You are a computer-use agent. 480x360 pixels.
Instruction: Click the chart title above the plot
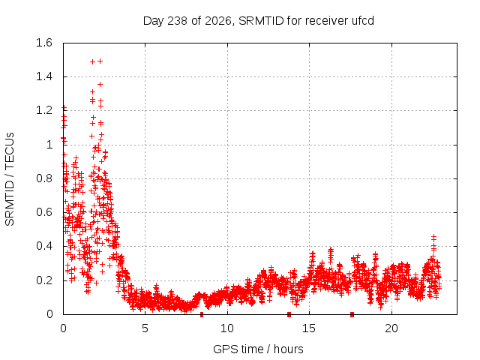coord(258,21)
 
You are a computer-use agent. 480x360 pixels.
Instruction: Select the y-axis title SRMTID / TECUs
coord(10,179)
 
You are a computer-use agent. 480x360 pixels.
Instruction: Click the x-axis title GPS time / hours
coord(258,349)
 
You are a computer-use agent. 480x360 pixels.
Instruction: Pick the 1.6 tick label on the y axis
coord(44,43)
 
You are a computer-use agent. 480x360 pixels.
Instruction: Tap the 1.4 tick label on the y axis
coord(44,76)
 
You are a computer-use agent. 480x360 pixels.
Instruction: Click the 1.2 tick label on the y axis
coord(44,110)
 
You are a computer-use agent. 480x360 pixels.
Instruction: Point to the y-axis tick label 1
coord(49,145)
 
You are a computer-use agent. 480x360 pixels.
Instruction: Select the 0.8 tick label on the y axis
coord(44,178)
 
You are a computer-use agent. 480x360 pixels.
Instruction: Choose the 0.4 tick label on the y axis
coord(44,246)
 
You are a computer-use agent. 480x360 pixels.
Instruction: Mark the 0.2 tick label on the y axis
coord(44,280)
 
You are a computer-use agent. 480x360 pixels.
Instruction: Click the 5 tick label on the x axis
coord(145,328)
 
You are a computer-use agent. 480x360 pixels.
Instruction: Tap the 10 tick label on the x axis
coord(227,328)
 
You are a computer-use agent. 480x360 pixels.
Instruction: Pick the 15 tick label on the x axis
coord(309,328)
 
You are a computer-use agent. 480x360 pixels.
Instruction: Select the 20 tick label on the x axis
coord(391,328)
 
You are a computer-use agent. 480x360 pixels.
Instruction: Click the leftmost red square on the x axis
coord(202,314)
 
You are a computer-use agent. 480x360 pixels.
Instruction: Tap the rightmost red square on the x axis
coord(352,314)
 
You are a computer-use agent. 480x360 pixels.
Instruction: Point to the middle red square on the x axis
coord(289,314)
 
